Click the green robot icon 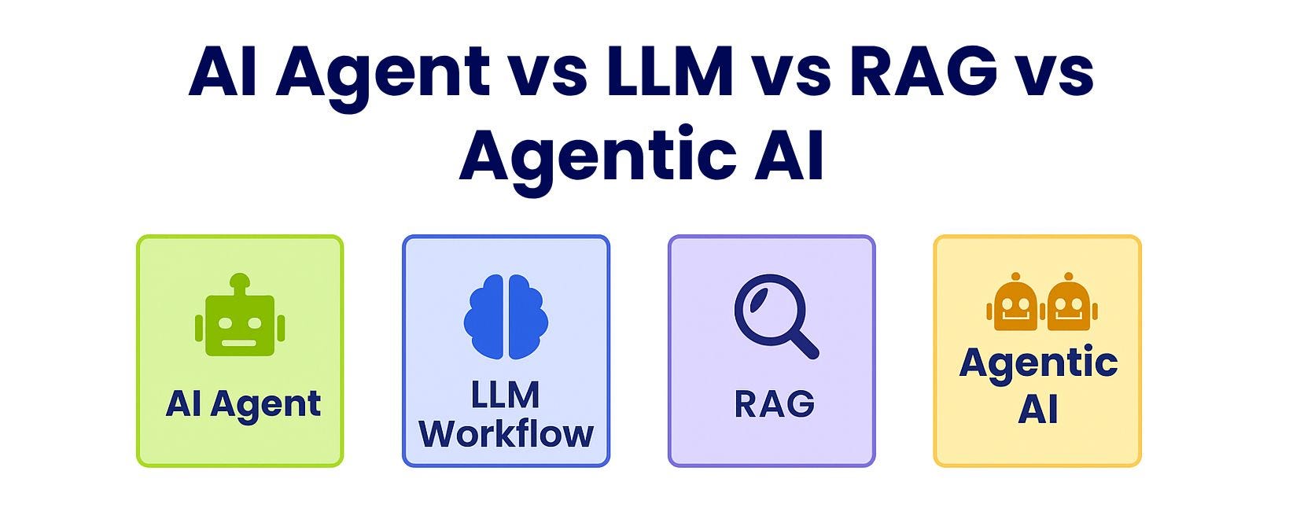click(240, 318)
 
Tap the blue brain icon click(506, 317)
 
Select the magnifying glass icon click(775, 315)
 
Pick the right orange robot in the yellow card click(1068, 303)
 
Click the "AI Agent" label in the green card click(243, 405)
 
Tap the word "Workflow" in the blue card click(506, 433)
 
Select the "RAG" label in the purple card click(774, 405)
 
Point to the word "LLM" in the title click(668, 72)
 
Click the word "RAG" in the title click(923, 72)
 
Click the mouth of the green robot click(240, 343)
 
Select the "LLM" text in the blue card click(505, 395)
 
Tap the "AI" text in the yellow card click(1038, 409)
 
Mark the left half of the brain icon click(484, 317)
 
